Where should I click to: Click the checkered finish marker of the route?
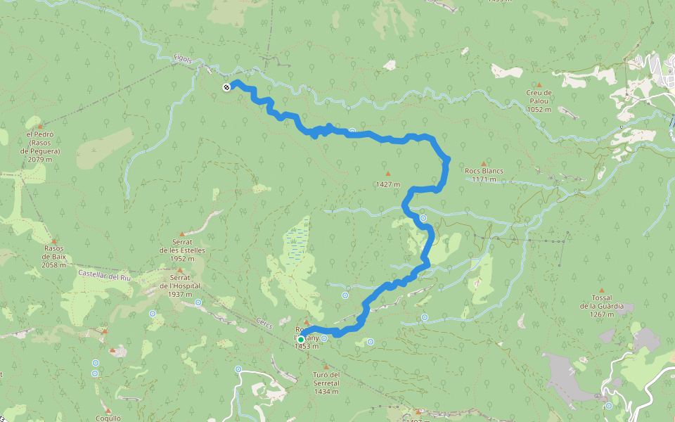(226, 87)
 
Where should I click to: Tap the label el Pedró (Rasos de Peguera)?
(40, 146)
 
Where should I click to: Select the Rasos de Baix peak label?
(54, 256)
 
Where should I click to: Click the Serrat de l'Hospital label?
(180, 286)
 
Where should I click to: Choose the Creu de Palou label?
(539, 101)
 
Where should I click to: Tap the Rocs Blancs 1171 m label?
(484, 174)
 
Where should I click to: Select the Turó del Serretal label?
(326, 383)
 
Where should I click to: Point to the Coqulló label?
(108, 417)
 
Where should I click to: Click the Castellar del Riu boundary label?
(105, 274)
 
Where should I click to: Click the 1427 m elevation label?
(387, 184)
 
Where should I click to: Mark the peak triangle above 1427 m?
(387, 173)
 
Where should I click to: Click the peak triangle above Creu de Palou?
(539, 84)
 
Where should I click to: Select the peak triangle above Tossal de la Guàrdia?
(601, 290)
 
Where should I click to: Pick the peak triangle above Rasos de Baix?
(54, 241)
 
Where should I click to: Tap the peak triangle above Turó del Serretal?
(326, 366)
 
